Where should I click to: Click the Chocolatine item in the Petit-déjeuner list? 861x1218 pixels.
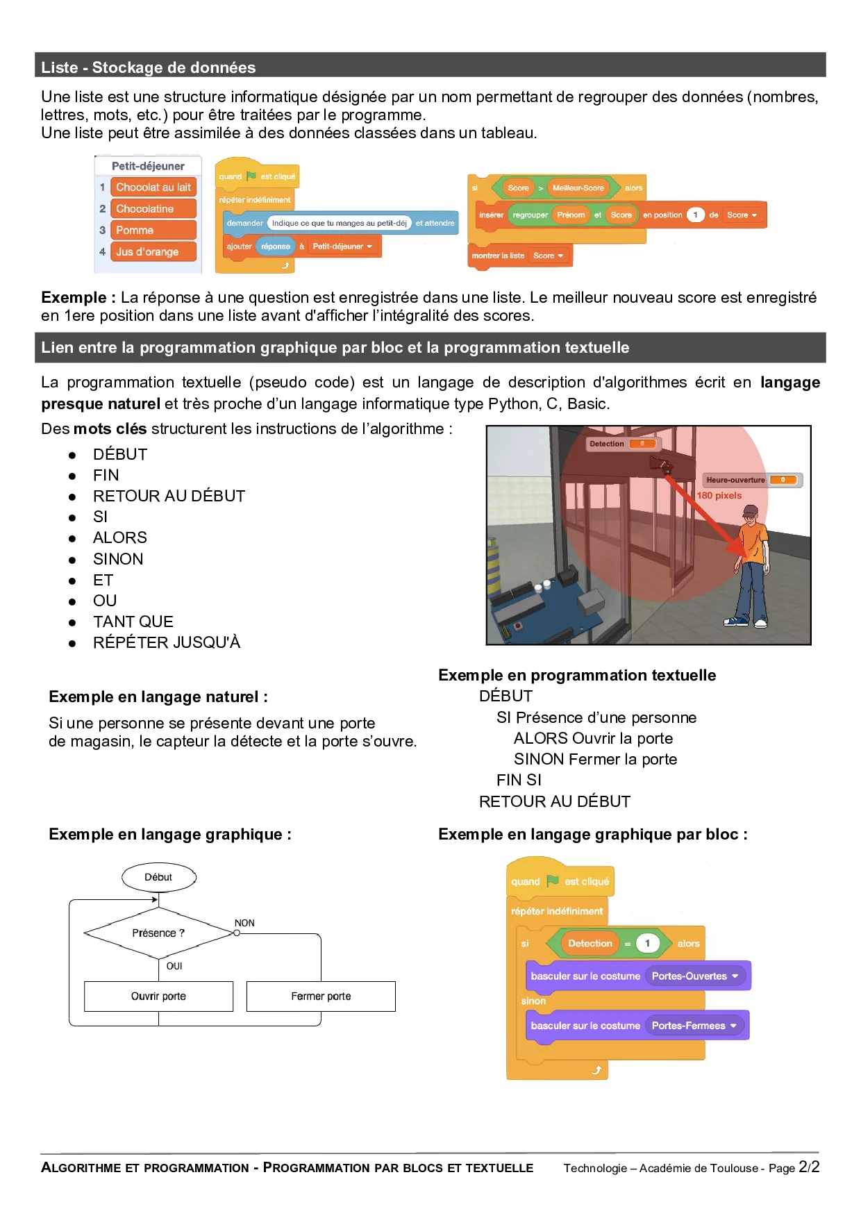click(x=153, y=208)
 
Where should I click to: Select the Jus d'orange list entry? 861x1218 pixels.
click(x=153, y=251)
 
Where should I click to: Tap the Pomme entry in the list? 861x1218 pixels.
click(x=153, y=230)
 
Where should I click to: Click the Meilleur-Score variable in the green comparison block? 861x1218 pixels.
click(x=578, y=187)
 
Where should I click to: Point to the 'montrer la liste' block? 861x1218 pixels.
click(x=519, y=256)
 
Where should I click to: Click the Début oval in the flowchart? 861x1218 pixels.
click(x=159, y=877)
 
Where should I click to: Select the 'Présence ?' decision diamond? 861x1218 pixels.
click(x=159, y=933)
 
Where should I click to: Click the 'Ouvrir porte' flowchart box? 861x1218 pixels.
click(x=159, y=996)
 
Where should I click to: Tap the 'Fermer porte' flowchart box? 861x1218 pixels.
click(x=321, y=996)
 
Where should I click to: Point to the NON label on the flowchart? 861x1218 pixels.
click(x=244, y=923)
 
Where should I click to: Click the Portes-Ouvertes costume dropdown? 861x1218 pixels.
click(x=695, y=976)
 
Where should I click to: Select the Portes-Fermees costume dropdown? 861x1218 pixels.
click(x=694, y=1025)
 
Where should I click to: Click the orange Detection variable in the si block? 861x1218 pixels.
click(x=590, y=943)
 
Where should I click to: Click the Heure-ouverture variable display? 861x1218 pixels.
click(x=752, y=480)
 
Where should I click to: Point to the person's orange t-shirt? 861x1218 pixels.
click(x=753, y=541)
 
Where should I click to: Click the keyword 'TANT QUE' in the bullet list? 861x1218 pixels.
click(x=133, y=621)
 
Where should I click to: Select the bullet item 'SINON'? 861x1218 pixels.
click(x=118, y=559)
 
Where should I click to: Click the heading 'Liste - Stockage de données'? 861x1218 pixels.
click(x=149, y=67)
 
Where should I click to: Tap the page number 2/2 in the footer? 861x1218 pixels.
click(x=809, y=1167)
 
